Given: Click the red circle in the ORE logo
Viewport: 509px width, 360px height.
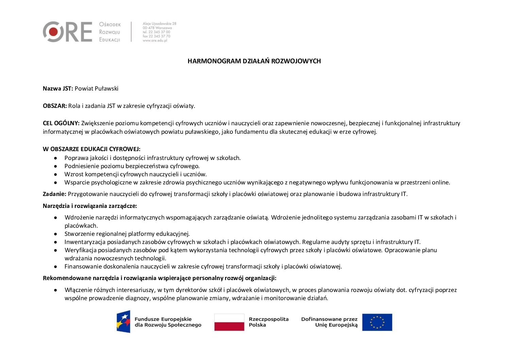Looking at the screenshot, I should pos(53,32).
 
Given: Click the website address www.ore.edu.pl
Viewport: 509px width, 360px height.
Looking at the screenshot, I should pos(155,40).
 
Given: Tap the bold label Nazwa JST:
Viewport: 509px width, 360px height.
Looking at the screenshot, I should pos(58,89).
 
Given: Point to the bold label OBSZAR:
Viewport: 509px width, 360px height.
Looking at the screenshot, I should pos(55,106).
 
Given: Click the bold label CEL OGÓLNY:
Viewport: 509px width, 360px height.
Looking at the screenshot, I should pos(61,123).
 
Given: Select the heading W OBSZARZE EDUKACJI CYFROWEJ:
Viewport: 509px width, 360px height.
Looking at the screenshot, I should pos(91,149).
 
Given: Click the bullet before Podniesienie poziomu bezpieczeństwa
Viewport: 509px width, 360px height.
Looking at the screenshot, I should pos(55,166).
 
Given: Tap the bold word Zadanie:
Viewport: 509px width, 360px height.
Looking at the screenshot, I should pos(54,194).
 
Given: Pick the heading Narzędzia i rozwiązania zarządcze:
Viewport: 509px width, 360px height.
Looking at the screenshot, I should pos(90,206).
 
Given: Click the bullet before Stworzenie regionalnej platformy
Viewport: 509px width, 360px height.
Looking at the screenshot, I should pos(55,234).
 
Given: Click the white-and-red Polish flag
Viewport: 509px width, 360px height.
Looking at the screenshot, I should pos(229,322).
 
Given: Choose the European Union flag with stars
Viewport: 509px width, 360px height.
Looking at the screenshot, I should pos(377,322).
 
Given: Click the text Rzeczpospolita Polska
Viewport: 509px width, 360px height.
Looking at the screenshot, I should pos(268,322).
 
